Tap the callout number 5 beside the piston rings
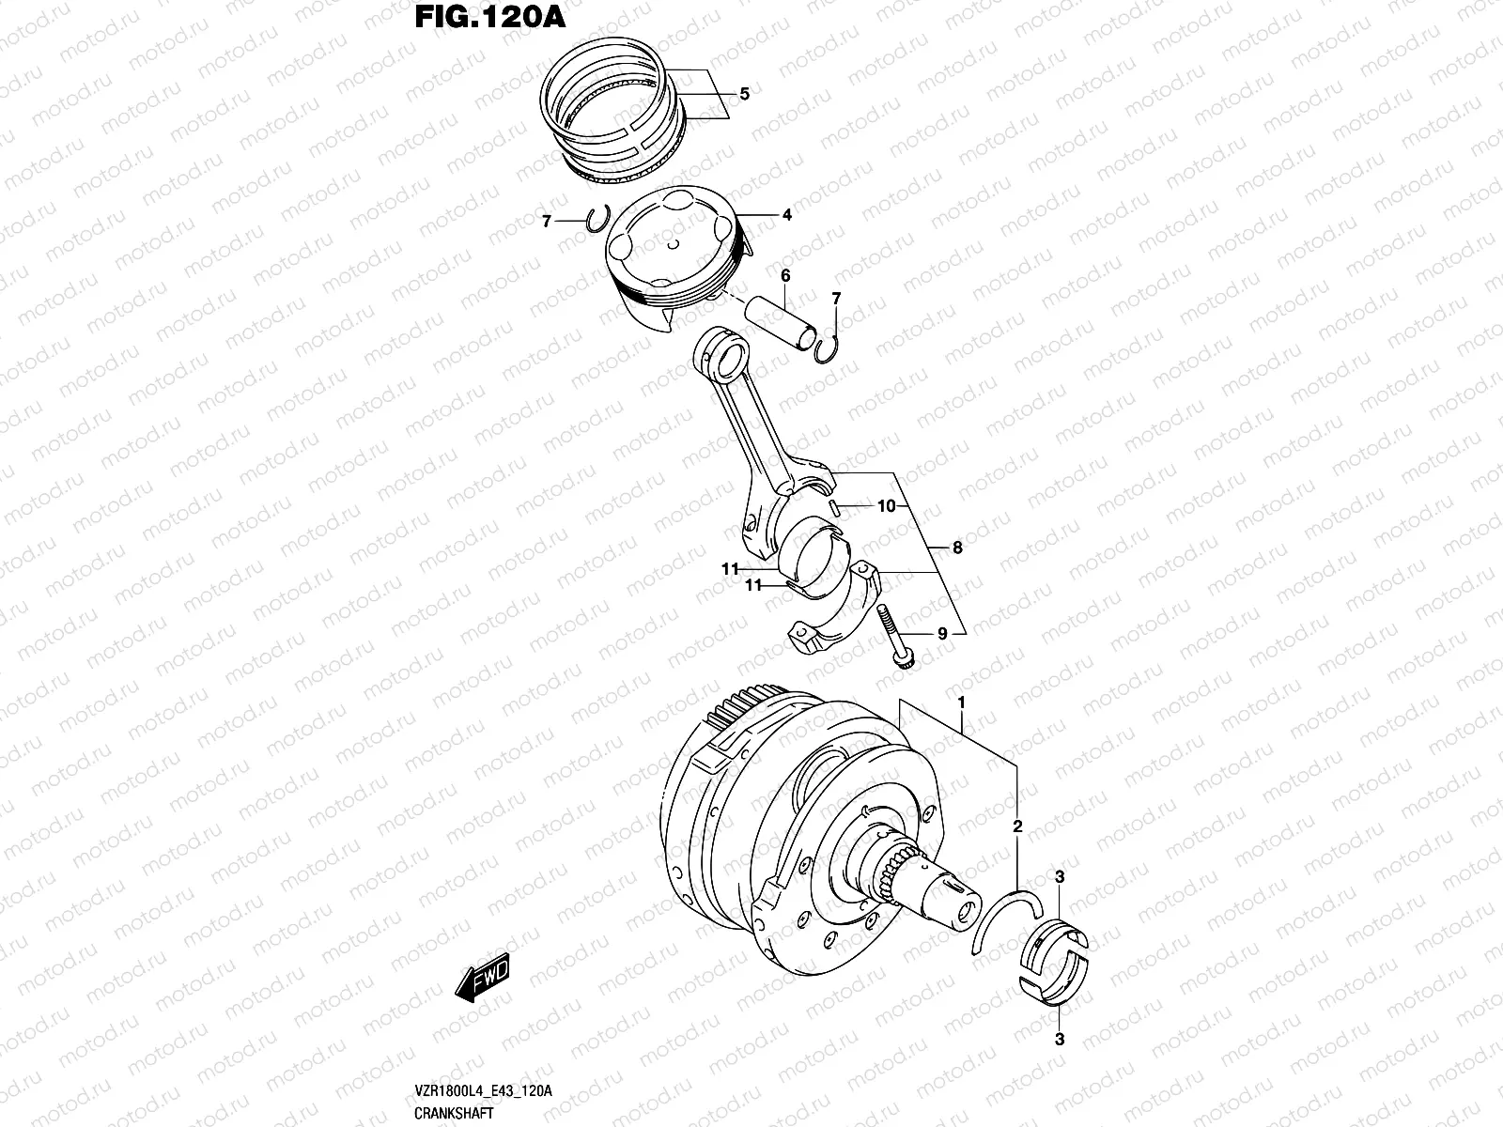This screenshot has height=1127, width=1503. tap(744, 94)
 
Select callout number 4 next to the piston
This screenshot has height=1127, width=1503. tap(786, 215)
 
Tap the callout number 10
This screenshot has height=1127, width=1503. tap(887, 506)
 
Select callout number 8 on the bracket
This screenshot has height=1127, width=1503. tap(956, 548)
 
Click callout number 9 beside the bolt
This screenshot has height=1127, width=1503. tap(942, 634)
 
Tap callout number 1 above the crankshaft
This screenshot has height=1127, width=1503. tap(961, 702)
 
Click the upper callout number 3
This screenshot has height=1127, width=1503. tap(1059, 877)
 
